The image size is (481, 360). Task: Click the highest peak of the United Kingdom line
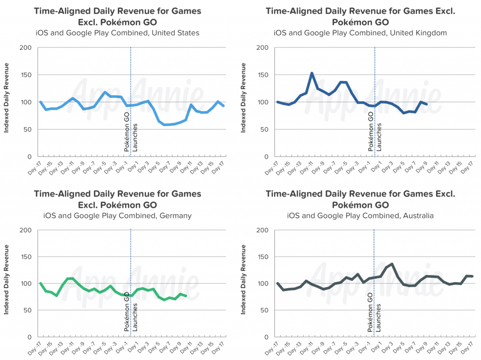click(x=311, y=73)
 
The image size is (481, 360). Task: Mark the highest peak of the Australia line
click(x=392, y=264)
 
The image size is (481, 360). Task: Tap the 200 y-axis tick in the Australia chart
click(x=264, y=230)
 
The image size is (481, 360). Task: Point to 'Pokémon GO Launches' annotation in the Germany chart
click(x=131, y=316)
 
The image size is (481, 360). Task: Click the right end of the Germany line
click(x=186, y=296)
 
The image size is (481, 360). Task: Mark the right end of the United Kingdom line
click(x=426, y=104)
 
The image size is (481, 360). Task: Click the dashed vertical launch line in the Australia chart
click(x=374, y=253)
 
